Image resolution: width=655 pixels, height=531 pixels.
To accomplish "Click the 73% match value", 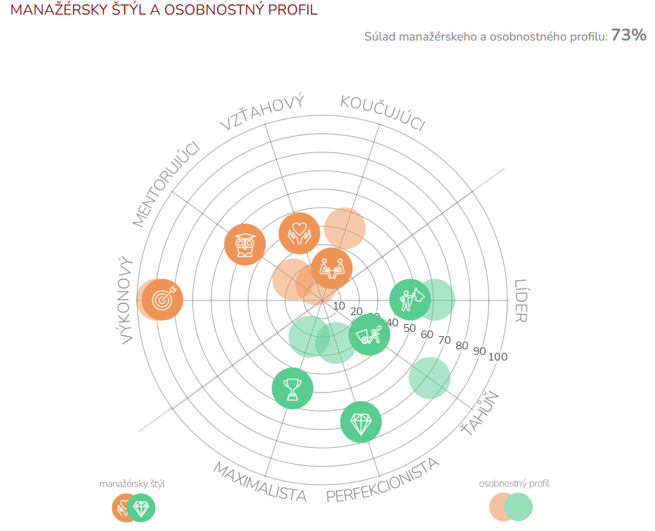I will tap(628, 36).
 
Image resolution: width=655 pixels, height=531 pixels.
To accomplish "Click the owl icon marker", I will tap(245, 245).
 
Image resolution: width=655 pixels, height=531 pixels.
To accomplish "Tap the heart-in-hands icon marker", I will tap(300, 233).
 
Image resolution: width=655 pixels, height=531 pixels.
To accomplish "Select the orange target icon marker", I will tap(162, 300).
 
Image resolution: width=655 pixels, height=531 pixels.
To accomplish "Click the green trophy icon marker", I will tap(293, 388).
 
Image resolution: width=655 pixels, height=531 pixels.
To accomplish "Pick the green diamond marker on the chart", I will tap(361, 422).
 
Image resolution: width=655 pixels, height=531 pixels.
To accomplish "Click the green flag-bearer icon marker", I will tap(409, 300).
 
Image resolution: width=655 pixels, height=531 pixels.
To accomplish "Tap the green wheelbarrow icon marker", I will tap(369, 335).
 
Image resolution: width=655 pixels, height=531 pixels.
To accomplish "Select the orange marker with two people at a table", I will tap(332, 268).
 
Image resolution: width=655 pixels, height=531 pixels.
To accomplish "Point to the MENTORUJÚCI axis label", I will tap(166, 184).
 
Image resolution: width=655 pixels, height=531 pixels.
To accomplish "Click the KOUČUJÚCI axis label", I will tap(383, 112).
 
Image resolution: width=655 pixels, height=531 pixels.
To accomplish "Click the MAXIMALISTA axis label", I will tap(260, 481).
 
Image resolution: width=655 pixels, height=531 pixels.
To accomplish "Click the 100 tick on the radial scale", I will tap(498, 357).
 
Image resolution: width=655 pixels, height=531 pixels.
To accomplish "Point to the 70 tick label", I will tap(444, 340).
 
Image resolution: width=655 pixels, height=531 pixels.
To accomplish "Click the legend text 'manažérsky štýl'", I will tap(132, 483).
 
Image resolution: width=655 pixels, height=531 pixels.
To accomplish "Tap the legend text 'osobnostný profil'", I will tap(514, 483).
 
